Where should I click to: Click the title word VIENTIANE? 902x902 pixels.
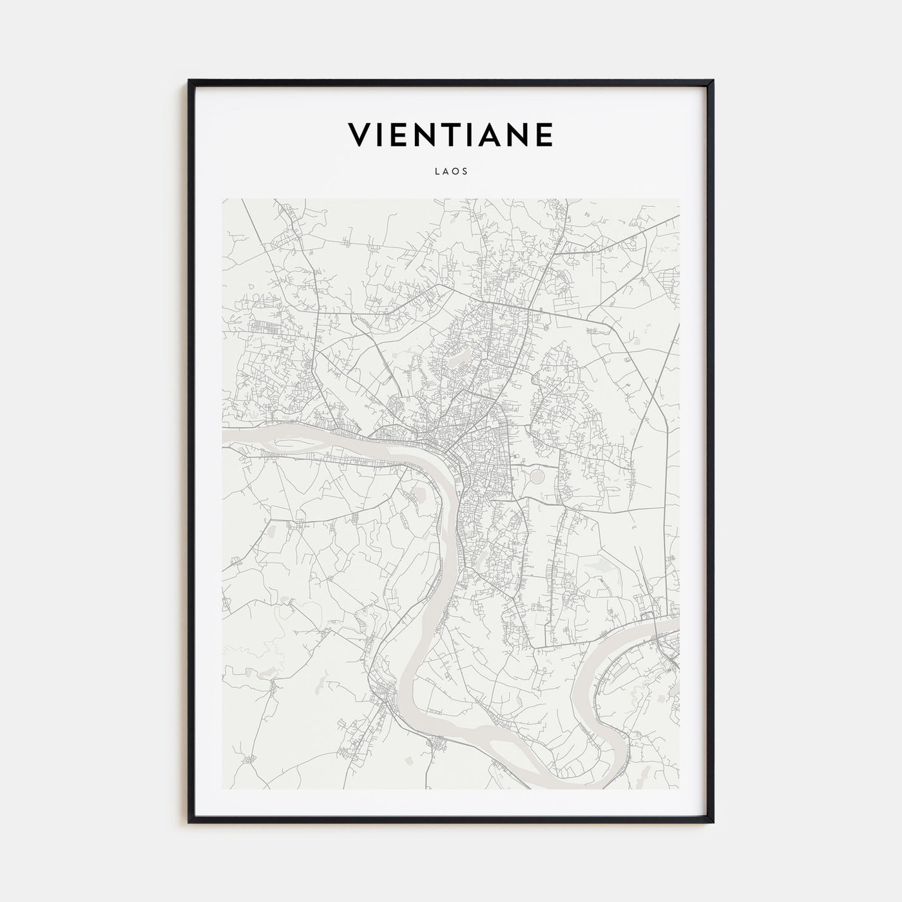[450, 135]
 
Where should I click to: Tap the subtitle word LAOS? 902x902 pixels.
[451, 172]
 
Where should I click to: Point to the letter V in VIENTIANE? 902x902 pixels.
[361, 135]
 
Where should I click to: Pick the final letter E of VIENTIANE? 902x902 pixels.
[543, 135]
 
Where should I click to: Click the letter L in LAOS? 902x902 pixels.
[437, 172]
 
